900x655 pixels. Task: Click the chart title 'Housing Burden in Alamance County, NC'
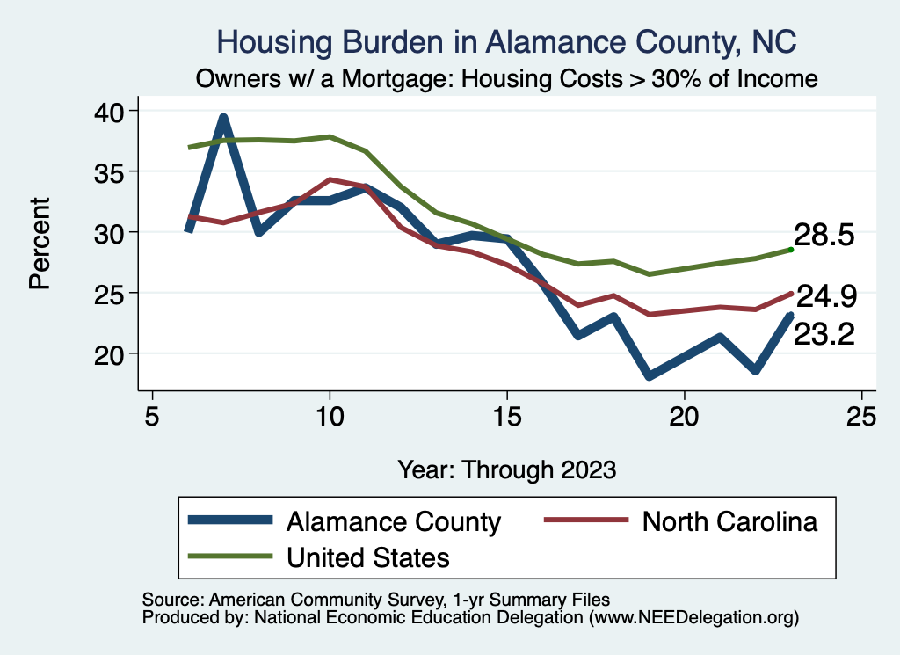(x=506, y=41)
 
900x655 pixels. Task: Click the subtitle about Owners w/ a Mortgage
(x=507, y=79)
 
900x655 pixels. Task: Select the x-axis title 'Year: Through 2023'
(x=507, y=468)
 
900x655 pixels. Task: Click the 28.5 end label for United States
(x=824, y=236)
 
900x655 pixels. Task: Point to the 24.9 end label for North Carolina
(x=824, y=296)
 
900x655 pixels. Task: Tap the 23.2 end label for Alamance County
(x=824, y=334)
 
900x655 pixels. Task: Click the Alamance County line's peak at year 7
(x=223, y=118)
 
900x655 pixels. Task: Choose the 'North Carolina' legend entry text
(x=729, y=521)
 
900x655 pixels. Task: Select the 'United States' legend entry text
(x=368, y=557)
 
